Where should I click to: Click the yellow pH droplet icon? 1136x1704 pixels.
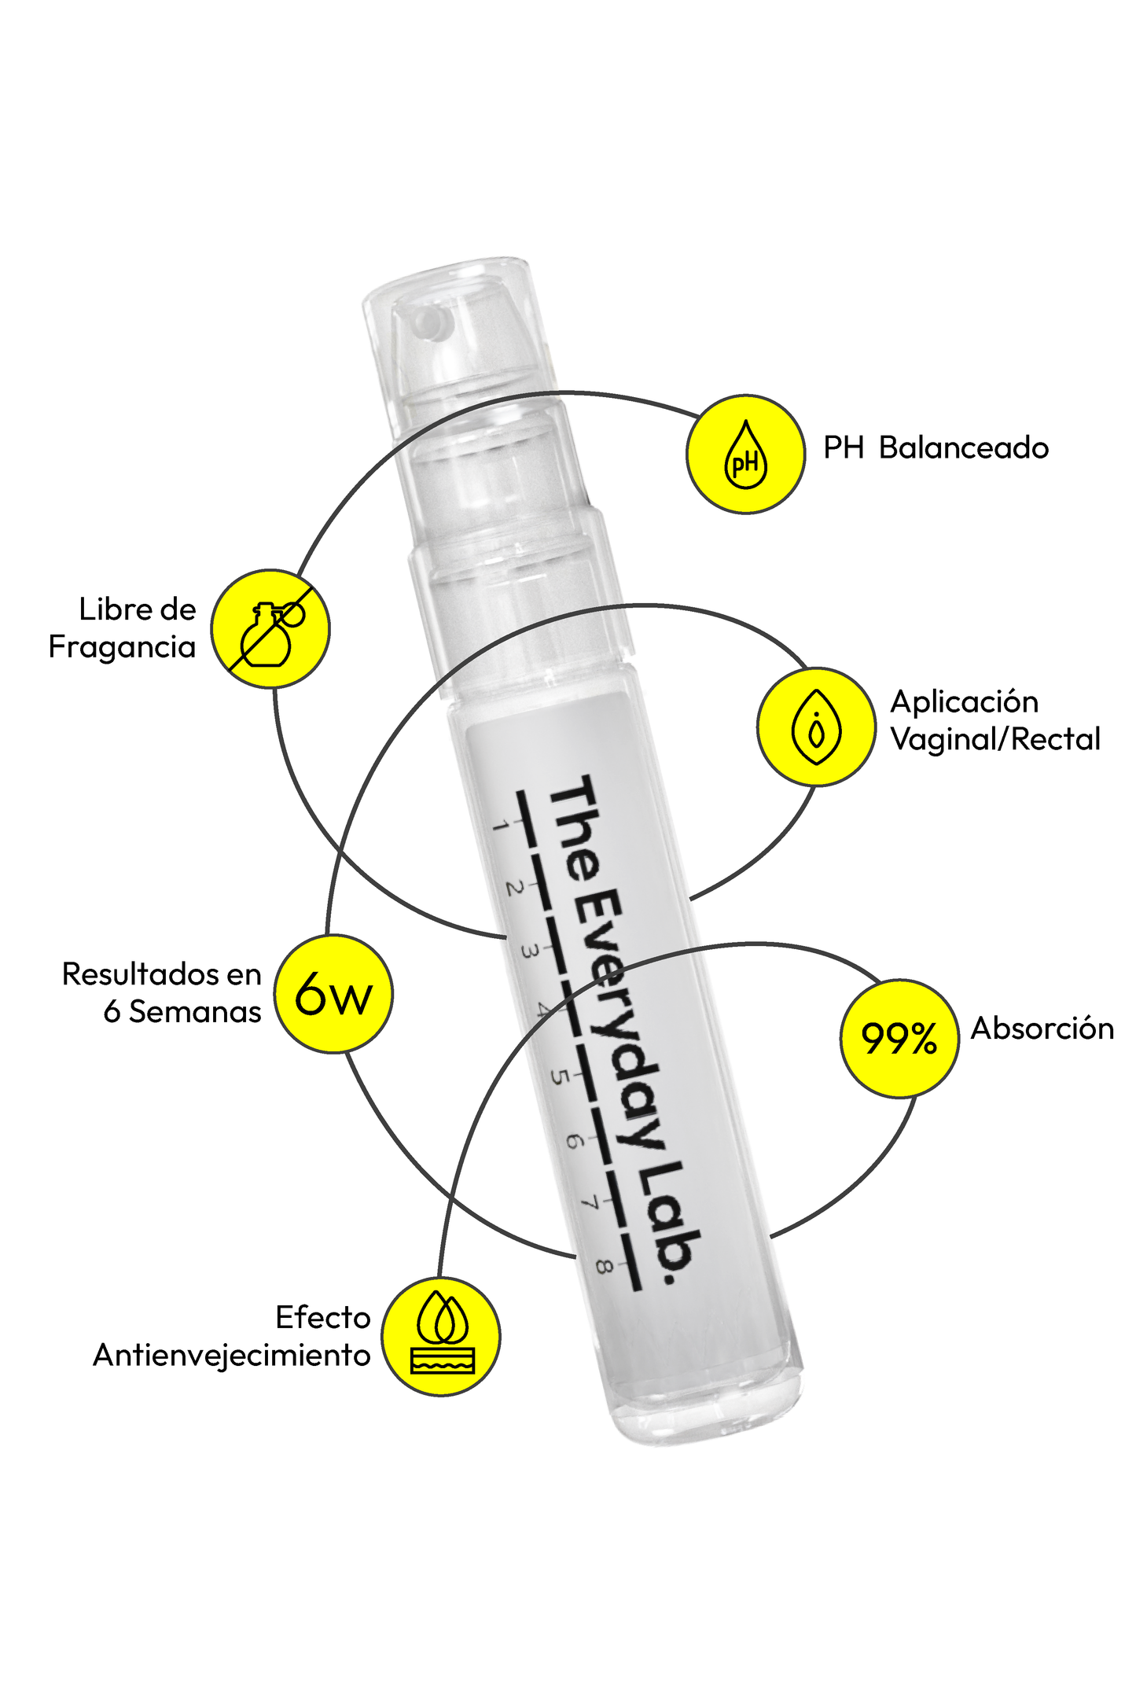coord(745,455)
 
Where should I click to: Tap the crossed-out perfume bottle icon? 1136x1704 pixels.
coord(270,628)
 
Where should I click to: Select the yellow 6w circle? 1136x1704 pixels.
coord(333,994)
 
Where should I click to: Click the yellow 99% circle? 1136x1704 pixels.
coord(899,1038)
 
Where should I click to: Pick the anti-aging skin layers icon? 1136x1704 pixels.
coord(441,1337)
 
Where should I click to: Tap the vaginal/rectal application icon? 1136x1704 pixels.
coord(816,727)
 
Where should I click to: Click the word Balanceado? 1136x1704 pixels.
coord(964,448)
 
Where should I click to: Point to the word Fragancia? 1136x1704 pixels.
coord(122,647)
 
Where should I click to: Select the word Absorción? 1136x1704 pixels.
coord(1042,1029)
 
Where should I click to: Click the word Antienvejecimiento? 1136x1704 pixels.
coord(232,1356)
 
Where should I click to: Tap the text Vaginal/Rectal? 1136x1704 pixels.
coord(995,739)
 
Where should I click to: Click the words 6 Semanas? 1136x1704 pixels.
coord(182,1012)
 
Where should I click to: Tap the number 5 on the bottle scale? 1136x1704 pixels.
coord(559,1075)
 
